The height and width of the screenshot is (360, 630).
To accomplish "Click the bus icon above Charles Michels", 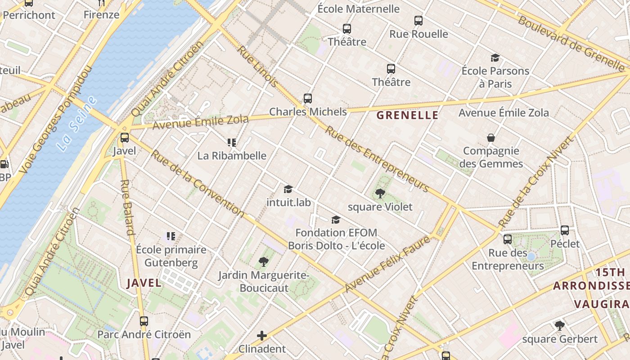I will point(308,98).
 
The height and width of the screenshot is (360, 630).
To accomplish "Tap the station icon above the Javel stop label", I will point(125,138).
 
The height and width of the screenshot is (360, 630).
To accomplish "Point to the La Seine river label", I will point(77,124).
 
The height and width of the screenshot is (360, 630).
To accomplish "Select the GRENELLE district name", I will point(407,115).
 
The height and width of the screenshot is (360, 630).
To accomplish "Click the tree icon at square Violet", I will point(380,193).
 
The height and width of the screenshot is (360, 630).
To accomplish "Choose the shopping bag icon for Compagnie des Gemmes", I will point(491,138).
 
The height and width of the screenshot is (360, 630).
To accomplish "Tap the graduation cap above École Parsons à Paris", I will point(495,58).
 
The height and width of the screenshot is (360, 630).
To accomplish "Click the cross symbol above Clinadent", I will point(262,336).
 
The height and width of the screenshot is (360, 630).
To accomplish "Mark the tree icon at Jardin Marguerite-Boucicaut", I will point(264,261).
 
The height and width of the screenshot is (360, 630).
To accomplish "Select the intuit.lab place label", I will point(288,202).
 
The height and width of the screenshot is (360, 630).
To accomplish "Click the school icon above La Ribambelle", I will point(232,143).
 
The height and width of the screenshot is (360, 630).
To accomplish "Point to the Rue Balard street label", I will point(127,207).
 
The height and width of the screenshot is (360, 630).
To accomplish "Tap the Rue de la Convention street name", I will point(197,184).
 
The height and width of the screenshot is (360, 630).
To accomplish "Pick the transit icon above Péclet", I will point(565,230).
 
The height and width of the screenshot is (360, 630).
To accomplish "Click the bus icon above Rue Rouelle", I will point(418,21).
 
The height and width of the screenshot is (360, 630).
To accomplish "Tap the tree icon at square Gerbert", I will point(559,325).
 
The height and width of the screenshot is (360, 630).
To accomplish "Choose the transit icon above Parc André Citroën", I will point(144,321).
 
